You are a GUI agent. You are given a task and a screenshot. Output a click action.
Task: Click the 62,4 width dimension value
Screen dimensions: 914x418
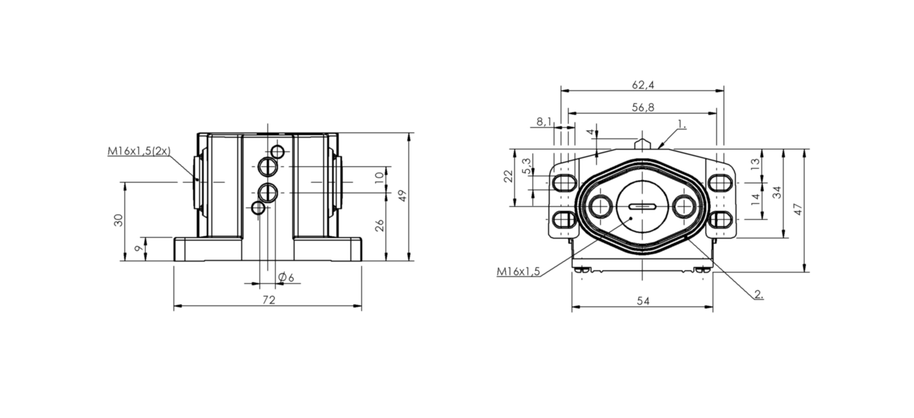pyautogui.click(x=643, y=85)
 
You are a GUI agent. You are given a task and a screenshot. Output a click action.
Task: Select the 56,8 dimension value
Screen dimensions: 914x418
pyautogui.click(x=643, y=107)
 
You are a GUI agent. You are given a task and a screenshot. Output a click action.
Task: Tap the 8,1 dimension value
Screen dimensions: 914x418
pyautogui.click(x=544, y=122)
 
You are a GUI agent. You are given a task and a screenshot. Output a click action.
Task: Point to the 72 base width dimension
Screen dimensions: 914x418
pyautogui.click(x=269, y=300)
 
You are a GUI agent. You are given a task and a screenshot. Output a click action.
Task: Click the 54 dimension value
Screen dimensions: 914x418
pyautogui.click(x=643, y=301)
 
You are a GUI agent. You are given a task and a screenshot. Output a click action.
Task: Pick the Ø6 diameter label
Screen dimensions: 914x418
pyautogui.click(x=286, y=278)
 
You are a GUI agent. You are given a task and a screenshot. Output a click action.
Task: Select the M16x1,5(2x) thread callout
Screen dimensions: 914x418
pyautogui.click(x=138, y=151)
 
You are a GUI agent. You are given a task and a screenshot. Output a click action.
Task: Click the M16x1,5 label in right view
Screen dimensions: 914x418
pyautogui.click(x=518, y=271)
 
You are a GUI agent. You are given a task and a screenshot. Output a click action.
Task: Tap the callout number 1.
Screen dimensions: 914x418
pyautogui.click(x=682, y=123)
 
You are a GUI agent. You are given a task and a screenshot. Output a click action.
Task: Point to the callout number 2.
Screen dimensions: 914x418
pyautogui.click(x=758, y=294)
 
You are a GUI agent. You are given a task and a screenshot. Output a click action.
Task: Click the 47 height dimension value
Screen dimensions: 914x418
pyautogui.click(x=799, y=209)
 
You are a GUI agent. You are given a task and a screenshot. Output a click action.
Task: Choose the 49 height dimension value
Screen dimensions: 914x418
pyautogui.click(x=403, y=195)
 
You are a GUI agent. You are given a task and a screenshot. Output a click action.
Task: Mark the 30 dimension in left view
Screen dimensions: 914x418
pyautogui.click(x=119, y=221)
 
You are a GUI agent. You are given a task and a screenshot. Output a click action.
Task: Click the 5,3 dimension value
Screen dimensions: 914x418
pyautogui.click(x=528, y=166)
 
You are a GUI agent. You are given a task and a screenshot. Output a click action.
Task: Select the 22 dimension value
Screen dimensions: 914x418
pyautogui.click(x=507, y=176)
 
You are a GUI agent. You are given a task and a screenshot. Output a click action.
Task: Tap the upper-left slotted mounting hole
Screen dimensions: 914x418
pyautogui.click(x=564, y=182)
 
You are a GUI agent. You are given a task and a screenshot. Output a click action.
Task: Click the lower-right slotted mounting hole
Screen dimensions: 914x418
pyautogui.click(x=720, y=220)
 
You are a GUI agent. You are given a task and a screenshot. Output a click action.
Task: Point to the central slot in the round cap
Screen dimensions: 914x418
pyautogui.click(x=642, y=207)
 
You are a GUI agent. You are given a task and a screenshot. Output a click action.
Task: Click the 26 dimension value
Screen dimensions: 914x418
pyautogui.click(x=380, y=225)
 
